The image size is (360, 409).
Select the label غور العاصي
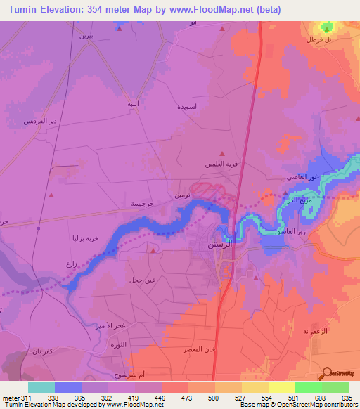click(305, 177)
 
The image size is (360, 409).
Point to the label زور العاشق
click(290, 231)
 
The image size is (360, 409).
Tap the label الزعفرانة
click(316, 330)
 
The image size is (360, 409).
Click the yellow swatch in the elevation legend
click(281, 387)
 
